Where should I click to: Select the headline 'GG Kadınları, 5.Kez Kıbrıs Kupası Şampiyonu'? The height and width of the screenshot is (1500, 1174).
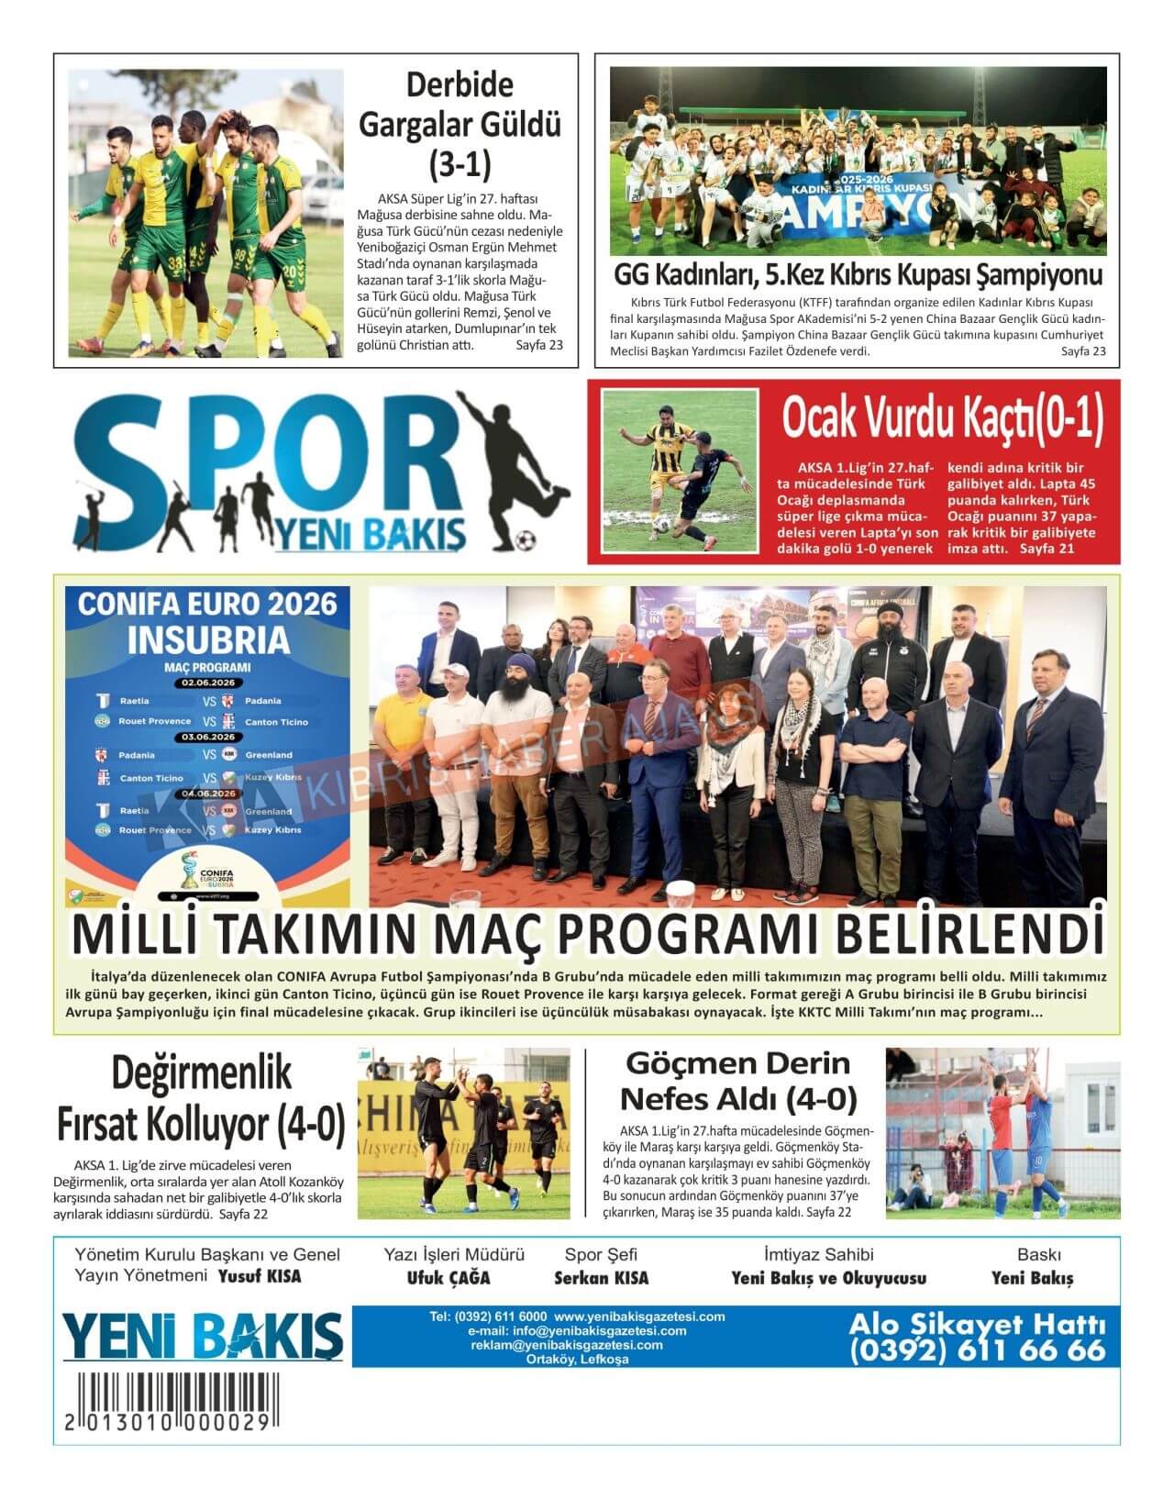pyautogui.click(x=858, y=275)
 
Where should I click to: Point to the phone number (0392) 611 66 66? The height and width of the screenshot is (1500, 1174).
pyautogui.click(x=978, y=1350)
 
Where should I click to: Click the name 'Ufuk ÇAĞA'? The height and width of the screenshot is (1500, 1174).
pyautogui.click(x=449, y=1278)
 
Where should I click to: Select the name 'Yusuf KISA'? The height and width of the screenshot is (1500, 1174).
pyautogui.click(x=260, y=1276)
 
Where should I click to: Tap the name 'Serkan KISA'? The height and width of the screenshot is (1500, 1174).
pyautogui.click(x=601, y=1278)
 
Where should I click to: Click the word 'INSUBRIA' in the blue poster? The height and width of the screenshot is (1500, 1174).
pyautogui.click(x=208, y=639)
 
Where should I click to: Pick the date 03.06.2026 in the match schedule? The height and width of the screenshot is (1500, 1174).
pyautogui.click(x=208, y=737)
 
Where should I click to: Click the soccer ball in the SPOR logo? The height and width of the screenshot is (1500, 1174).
pyautogui.click(x=526, y=538)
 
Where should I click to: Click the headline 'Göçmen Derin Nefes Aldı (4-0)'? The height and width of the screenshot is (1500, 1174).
pyautogui.click(x=738, y=1081)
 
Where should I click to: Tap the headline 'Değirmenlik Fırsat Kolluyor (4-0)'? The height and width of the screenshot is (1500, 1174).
pyautogui.click(x=202, y=1096)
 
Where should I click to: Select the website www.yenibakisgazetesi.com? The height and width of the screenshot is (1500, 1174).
pyautogui.click(x=639, y=1317)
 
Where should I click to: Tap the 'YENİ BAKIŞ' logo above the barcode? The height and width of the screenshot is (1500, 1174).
pyautogui.click(x=202, y=1335)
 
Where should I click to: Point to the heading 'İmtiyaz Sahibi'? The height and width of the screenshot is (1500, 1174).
pyautogui.click(x=818, y=1254)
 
